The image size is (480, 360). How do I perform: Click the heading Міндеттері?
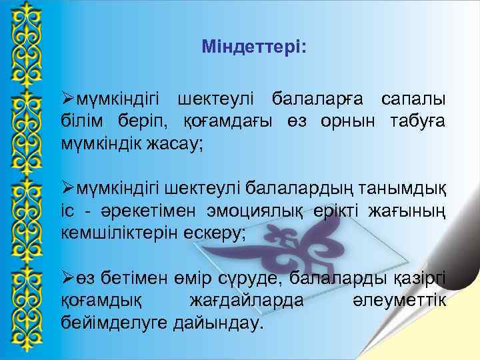pos(254,48)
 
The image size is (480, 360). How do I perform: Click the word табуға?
pos(414,121)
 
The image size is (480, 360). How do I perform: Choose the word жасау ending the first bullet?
pos(175,143)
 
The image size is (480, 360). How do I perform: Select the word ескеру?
pos(215,233)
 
